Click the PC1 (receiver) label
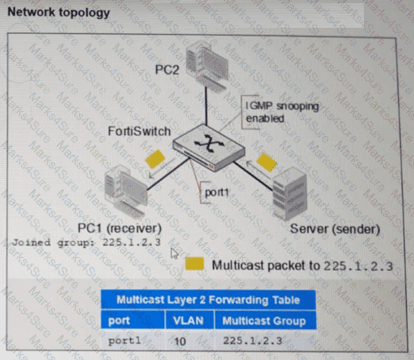120,228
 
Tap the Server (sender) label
334,229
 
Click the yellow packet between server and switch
267,162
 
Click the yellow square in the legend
195,265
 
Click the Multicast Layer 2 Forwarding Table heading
208,300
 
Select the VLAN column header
189,320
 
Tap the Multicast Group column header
264,320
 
